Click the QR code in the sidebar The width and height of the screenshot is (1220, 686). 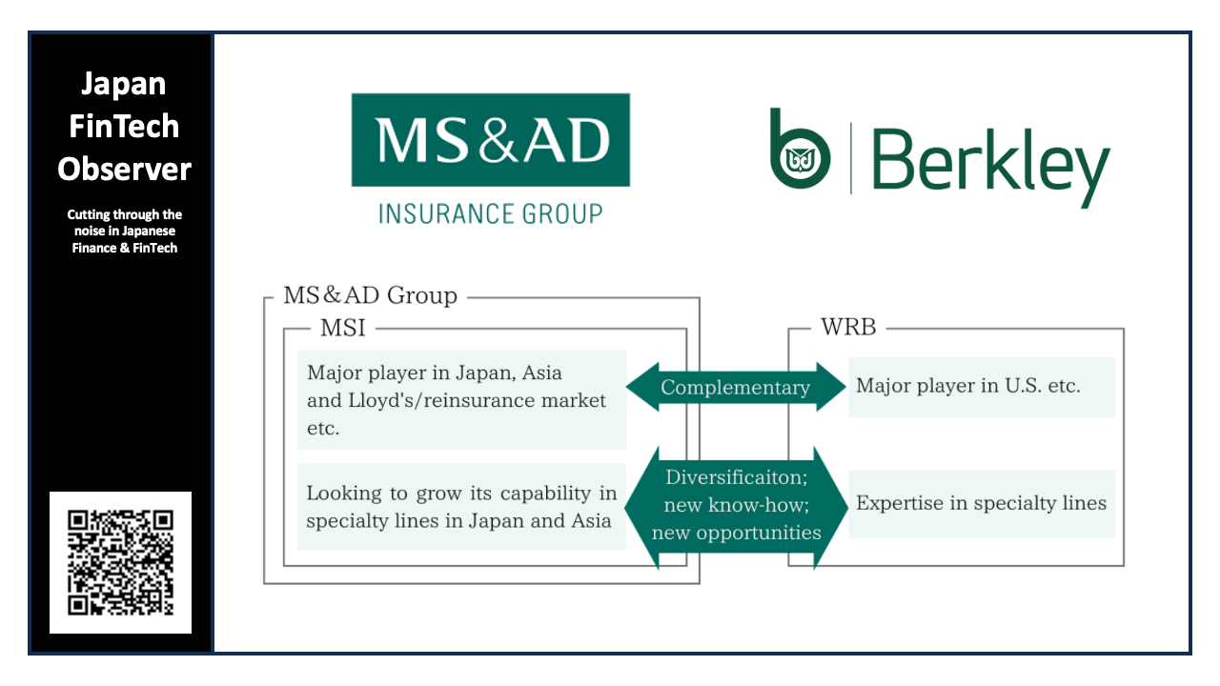pyautogui.click(x=120, y=562)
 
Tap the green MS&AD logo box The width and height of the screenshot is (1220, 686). pyautogui.click(x=490, y=139)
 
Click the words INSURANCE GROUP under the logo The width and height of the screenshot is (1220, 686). pyautogui.click(x=490, y=213)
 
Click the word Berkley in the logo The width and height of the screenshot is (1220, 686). pyautogui.click(x=990, y=162)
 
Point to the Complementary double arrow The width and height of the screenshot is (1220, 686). pyautogui.click(x=735, y=387)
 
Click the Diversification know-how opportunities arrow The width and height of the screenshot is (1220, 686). pyautogui.click(x=736, y=505)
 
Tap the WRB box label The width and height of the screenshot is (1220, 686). pyautogui.click(x=847, y=328)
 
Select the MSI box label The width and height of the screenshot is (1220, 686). pyautogui.click(x=342, y=328)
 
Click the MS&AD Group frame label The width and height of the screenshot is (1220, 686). pyautogui.click(x=370, y=295)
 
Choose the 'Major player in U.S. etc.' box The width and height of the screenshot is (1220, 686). pyautogui.click(x=982, y=387)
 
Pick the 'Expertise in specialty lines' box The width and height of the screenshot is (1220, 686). pyautogui.click(x=982, y=503)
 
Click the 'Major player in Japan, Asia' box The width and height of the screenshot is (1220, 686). pyautogui.click(x=461, y=400)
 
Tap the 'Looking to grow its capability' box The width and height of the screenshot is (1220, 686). pyautogui.click(x=461, y=507)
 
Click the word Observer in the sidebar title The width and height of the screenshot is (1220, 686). pyautogui.click(x=124, y=169)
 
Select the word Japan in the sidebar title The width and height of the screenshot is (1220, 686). pyautogui.click(x=124, y=84)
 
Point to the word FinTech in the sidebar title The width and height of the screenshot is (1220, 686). pyautogui.click(x=124, y=126)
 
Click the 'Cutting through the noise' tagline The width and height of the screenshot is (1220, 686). pyautogui.click(x=124, y=232)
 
